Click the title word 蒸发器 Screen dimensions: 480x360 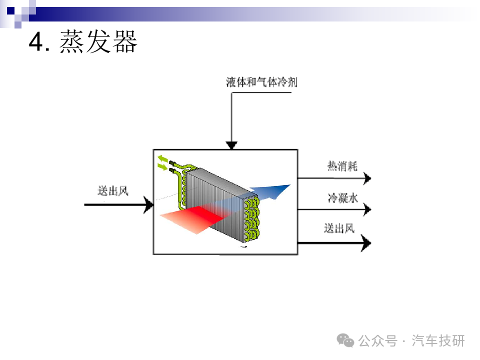tap(98, 41)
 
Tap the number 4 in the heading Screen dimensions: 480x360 tap(36, 41)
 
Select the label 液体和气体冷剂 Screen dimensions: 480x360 tap(261, 82)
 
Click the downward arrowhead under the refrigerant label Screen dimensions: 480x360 tap(231, 145)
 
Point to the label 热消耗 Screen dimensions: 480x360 tap(342, 166)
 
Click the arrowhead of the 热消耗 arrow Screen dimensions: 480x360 tap(367, 178)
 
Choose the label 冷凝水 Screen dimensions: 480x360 tap(342, 198)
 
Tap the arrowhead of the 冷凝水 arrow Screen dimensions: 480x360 tap(367, 209)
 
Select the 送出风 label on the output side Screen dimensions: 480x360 tap(339, 228)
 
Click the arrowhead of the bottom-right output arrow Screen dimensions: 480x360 tap(366, 243)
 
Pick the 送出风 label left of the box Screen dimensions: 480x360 tap(113, 191)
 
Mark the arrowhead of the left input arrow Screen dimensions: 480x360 tap(149, 204)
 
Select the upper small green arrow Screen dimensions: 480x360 tap(162, 159)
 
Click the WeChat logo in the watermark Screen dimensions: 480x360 tap(345, 340)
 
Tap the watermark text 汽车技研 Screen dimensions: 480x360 tap(438, 340)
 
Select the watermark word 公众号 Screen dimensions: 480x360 tap(378, 340)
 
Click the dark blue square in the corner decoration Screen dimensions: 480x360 tap(10, 10)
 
